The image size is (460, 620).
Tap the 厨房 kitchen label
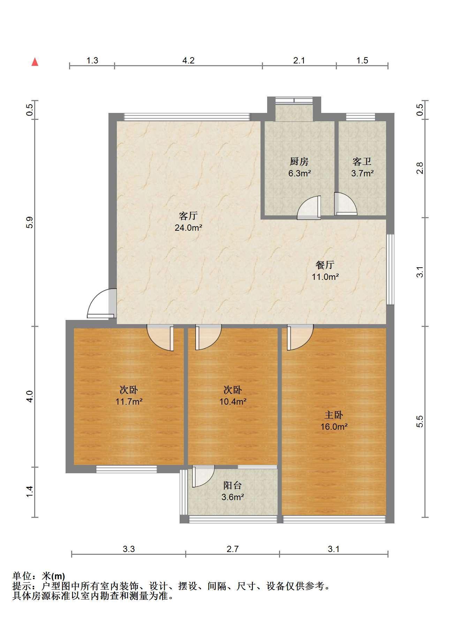(x=299, y=161)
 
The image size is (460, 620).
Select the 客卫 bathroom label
(x=362, y=161)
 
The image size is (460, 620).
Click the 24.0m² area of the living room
(x=188, y=228)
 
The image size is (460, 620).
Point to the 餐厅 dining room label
(x=325, y=265)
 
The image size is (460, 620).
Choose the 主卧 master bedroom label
(x=334, y=415)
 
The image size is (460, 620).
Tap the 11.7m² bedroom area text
(x=129, y=401)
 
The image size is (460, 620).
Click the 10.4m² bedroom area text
(x=233, y=401)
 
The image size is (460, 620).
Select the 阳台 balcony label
(x=233, y=485)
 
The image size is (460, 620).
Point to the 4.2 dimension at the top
(x=188, y=60)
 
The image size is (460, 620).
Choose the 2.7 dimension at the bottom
(x=233, y=549)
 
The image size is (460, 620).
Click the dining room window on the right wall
(x=390, y=269)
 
